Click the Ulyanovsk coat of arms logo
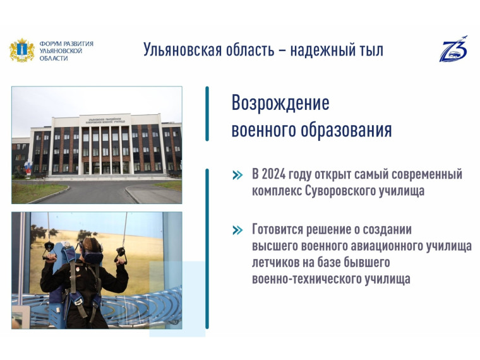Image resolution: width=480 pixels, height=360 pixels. pos(21,51)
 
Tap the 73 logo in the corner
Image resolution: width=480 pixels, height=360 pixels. pos(453,49)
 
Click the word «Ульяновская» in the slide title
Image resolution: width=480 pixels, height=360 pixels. pos(182,50)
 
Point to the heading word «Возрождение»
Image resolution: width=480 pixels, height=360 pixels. pos(280,102)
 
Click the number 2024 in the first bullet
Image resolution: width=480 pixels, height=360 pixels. pos(277,174)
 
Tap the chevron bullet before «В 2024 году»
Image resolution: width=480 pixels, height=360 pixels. pos(237,175)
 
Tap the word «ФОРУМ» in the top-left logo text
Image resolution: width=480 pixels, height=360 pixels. pos(51,44)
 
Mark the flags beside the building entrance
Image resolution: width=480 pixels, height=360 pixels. pos(27,167)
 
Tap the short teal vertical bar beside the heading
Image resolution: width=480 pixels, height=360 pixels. pos(207,114)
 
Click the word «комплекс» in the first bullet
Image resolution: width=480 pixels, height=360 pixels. pos(277,191)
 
